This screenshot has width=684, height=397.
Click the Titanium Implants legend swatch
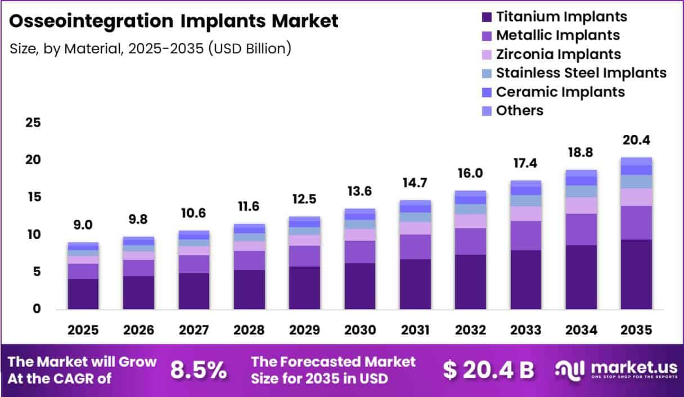(487, 17)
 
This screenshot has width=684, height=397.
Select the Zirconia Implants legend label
(559, 55)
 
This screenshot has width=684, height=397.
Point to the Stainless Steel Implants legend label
(582, 73)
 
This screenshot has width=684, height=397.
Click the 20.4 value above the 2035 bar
(636, 140)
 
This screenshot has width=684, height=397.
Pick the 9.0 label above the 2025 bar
(83, 225)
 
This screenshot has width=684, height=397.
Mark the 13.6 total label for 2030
(359, 191)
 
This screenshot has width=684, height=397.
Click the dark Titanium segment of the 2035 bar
(636, 274)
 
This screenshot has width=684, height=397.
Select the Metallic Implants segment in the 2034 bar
(581, 229)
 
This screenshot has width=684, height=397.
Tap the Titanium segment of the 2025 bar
(83, 294)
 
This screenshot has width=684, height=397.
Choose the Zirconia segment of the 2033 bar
(525, 214)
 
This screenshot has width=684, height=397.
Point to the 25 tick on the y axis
(33, 123)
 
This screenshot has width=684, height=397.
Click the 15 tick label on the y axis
(34, 197)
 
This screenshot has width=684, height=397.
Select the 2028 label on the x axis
(249, 330)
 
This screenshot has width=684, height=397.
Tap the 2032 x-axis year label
(470, 330)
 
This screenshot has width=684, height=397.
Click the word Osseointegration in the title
(91, 21)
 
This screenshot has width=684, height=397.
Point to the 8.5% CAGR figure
(199, 370)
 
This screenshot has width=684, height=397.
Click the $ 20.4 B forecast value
(489, 370)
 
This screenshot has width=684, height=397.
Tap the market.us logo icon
(569, 370)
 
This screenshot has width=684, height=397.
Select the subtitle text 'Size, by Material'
(66, 49)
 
